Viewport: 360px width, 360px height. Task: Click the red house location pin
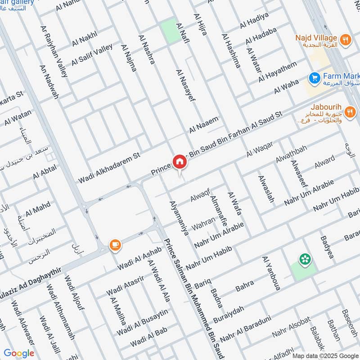[180, 162]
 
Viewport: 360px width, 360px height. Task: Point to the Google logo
[19, 353]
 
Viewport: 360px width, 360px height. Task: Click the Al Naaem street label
[203, 124]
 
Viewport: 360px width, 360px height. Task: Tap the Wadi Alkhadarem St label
[109, 167]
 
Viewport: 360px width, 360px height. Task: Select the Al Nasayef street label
[186, 85]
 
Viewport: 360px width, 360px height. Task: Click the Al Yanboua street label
[271, 273]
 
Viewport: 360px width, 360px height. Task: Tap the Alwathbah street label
[291, 155]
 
